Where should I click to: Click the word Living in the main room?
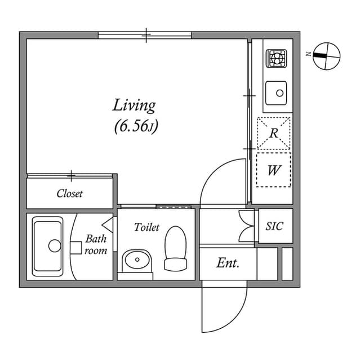pyautogui.click(x=134, y=105)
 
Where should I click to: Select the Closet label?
pyautogui.click(x=70, y=193)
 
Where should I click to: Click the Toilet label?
pyautogui.click(x=146, y=227)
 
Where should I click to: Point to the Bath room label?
pyautogui.click(x=96, y=245)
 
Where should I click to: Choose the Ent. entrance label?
pyautogui.click(x=228, y=263)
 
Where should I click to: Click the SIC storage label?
pyautogui.click(x=274, y=226)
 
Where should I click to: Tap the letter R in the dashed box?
pyautogui.click(x=274, y=134)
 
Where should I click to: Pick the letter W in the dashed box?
pyautogui.click(x=274, y=169)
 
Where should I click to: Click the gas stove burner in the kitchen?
pyautogui.click(x=276, y=58)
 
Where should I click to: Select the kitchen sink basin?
pyautogui.click(x=276, y=92)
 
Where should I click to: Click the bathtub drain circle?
pyautogui.click(x=54, y=245)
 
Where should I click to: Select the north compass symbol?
pyautogui.click(x=326, y=56)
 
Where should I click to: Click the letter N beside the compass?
pyautogui.click(x=309, y=54)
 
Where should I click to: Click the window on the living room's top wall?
pyautogui.click(x=145, y=36)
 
